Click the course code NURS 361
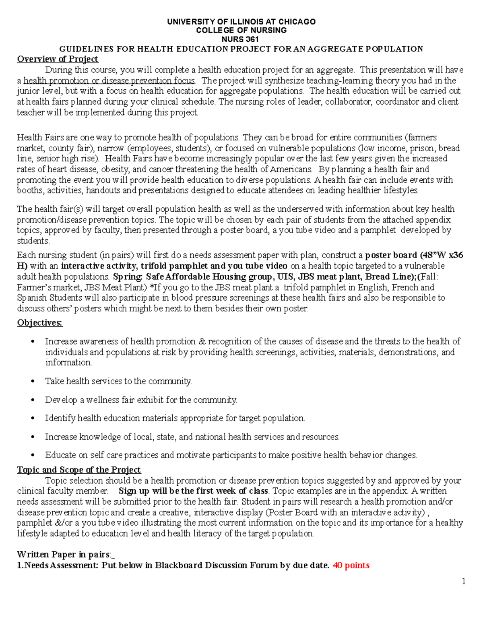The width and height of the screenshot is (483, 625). tap(241, 39)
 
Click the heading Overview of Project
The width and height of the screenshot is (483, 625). tap(58, 59)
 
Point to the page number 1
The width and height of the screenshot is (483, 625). tap(464, 581)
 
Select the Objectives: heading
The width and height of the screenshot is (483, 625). tap(40, 323)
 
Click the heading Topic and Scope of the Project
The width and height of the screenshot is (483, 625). tap(79, 470)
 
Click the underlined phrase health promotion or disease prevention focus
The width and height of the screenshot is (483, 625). tap(109, 80)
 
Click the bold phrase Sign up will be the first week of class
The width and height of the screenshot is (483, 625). tap(194, 491)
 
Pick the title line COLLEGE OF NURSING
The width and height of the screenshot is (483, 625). tap(241, 31)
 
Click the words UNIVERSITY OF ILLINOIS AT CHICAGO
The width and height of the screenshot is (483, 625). tap(241, 22)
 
